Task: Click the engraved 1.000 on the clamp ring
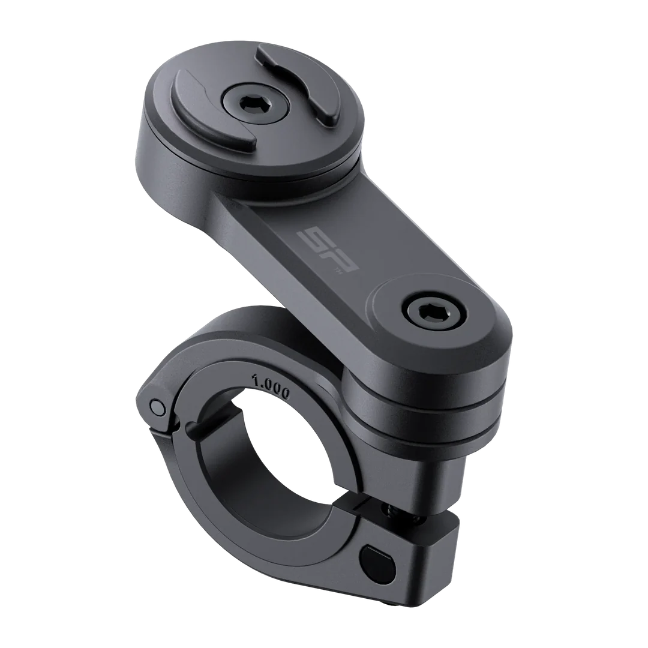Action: (x=271, y=387)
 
